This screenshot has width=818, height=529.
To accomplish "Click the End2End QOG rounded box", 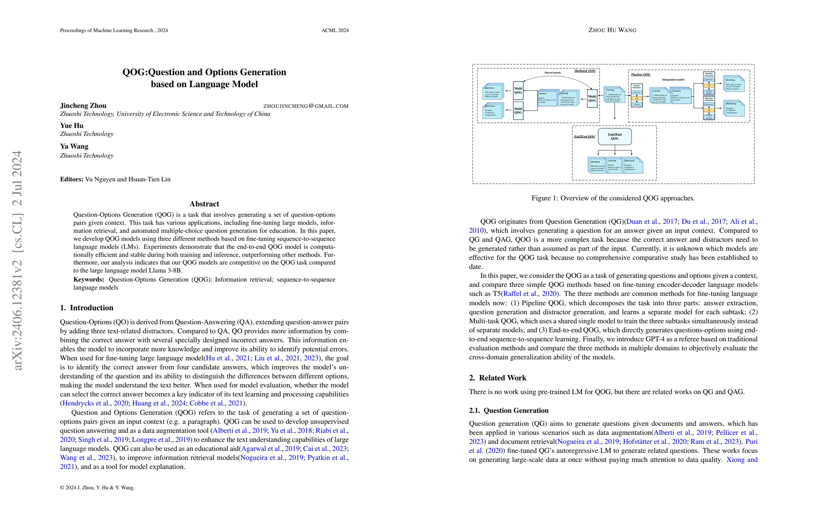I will (615, 136).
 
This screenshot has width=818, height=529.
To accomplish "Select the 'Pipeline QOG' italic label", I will (641, 74).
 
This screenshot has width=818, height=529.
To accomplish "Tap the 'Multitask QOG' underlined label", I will (585, 71).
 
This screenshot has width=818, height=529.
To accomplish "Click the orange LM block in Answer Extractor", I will (637, 98).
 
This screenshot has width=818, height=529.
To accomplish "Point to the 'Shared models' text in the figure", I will (552, 73).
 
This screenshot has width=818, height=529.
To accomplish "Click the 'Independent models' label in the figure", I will (673, 80).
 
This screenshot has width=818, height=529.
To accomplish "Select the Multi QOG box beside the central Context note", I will (592, 99).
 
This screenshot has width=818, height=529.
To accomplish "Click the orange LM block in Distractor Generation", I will (709, 110).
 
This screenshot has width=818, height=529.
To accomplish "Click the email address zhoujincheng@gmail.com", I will (305, 106).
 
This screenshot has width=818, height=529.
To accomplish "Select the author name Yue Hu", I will (72, 126).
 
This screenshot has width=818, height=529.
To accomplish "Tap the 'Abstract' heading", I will (204, 204).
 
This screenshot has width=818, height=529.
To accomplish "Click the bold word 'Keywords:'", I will (89, 280).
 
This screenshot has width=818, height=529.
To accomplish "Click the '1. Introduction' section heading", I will (87, 308).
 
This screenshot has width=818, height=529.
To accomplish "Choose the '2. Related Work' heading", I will (497, 378).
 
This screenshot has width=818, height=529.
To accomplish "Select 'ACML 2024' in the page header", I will (335, 31).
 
